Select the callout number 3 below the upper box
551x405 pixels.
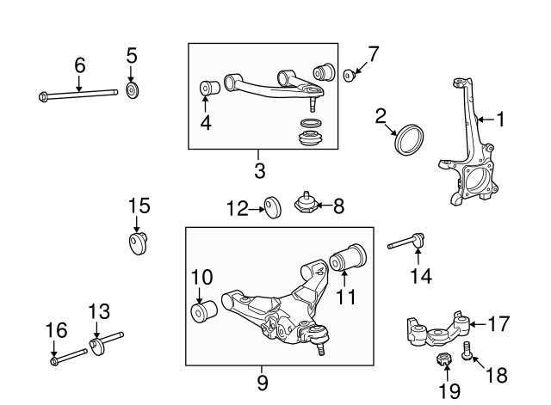pos(259,170)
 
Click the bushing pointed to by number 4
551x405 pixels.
pos(207,88)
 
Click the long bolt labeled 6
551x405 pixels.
pos(77,95)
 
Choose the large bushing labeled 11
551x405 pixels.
pos(350,255)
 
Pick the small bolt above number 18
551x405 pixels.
pos(467,350)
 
